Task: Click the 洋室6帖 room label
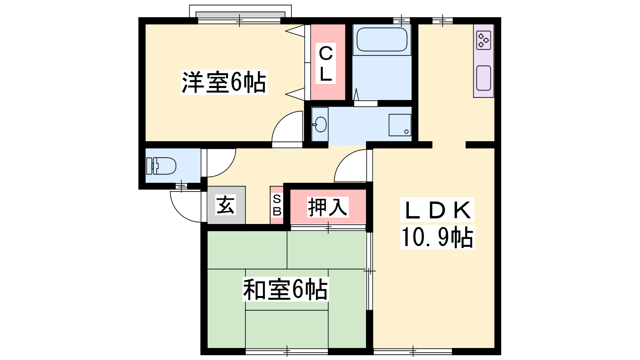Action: (x=224, y=82)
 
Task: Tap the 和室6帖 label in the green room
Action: (x=286, y=289)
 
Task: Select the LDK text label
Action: (x=437, y=210)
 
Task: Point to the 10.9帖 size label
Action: (x=438, y=237)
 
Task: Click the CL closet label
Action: (x=326, y=64)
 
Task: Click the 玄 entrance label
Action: (x=226, y=205)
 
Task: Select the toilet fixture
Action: (x=161, y=166)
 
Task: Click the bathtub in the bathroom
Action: (x=382, y=40)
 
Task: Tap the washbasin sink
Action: (x=320, y=124)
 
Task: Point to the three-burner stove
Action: (x=484, y=40)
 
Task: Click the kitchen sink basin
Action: (x=484, y=78)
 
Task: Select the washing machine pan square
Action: (x=400, y=125)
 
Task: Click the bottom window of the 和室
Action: (x=286, y=351)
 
